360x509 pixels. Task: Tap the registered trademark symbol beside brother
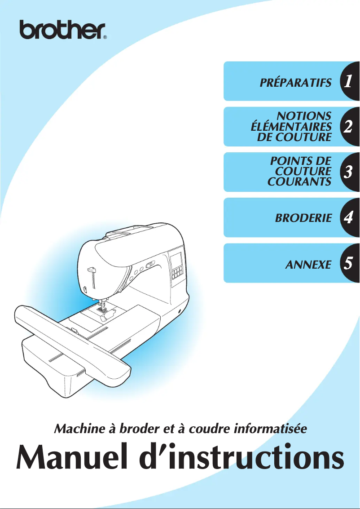click(x=105, y=38)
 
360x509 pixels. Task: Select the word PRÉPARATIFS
click(x=296, y=83)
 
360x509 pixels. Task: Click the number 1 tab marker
click(x=347, y=82)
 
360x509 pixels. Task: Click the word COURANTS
click(x=299, y=182)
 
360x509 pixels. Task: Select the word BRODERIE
click(x=303, y=218)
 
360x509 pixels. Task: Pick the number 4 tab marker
click(x=347, y=218)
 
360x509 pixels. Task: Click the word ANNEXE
click(x=308, y=264)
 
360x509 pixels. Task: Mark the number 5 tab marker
click(x=347, y=264)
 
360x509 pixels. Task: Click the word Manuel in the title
click(x=70, y=457)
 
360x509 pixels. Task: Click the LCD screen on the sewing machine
click(x=175, y=260)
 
